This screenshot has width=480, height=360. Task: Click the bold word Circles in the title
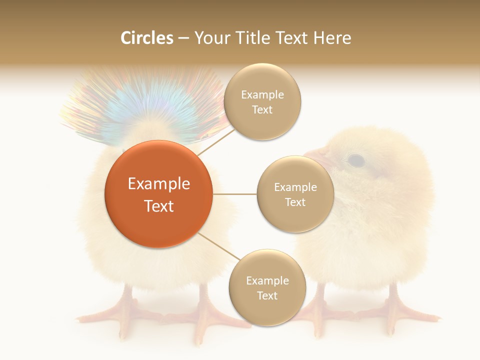pyautogui.click(x=146, y=38)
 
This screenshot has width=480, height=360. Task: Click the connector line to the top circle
pyautogui.click(x=216, y=141)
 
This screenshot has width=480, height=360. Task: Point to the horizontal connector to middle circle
pyautogui.click(x=234, y=194)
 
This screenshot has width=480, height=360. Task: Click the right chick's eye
pyautogui.click(x=355, y=160)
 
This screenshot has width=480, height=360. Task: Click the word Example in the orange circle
pyautogui.click(x=158, y=184)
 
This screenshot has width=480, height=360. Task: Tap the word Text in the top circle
pyautogui.click(x=262, y=109)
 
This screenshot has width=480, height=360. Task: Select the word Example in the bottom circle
pyautogui.click(x=267, y=280)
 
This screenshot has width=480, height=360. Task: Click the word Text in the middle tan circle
pyautogui.click(x=295, y=202)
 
